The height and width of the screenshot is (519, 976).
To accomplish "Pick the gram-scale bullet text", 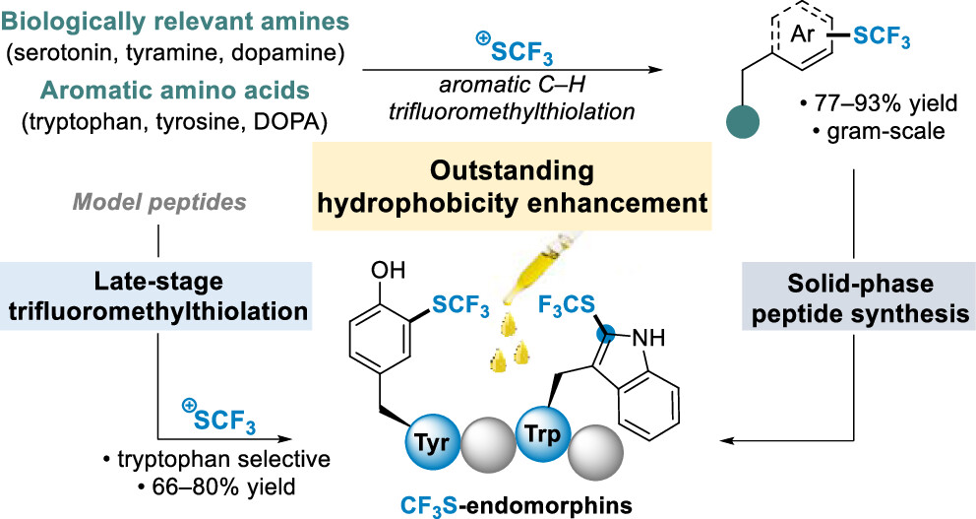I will click(865, 130).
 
